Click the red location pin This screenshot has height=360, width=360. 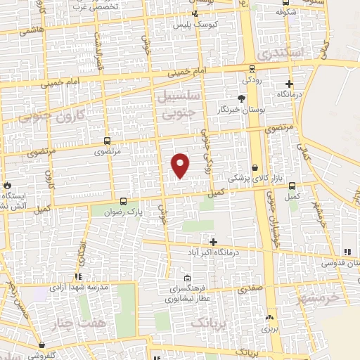pos(181,165)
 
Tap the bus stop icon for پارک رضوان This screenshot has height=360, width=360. pos(124,200)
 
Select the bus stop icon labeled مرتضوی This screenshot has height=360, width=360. pos(107,141)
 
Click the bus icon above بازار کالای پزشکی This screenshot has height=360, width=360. pos(245,168)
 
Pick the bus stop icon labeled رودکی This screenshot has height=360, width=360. pos(252,68)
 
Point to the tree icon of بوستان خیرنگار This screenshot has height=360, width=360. pos(242,98)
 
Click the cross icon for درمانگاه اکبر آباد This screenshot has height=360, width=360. pos(214,241)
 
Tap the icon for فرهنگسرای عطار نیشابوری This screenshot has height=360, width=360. pos(186,278)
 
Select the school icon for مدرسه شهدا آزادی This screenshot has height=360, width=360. pos(78,276)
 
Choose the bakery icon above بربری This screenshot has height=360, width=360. pos(270,318)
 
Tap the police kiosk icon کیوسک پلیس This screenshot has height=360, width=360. pos(195,15)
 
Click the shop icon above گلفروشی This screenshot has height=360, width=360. pos(43,345)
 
